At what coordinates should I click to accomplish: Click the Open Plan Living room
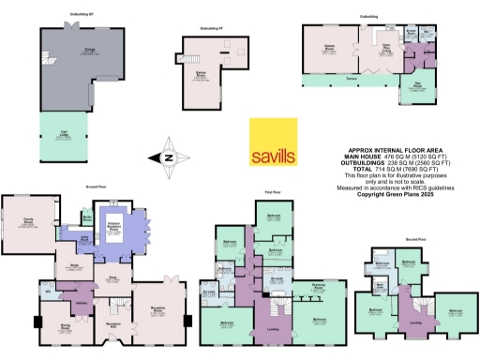[385, 52]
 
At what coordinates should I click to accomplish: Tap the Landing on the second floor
[414, 323]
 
